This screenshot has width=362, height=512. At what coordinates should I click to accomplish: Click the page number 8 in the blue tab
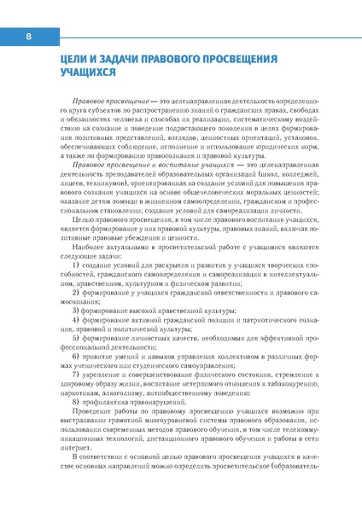(27, 38)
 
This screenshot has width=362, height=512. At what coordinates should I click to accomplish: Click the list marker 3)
(76, 313)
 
